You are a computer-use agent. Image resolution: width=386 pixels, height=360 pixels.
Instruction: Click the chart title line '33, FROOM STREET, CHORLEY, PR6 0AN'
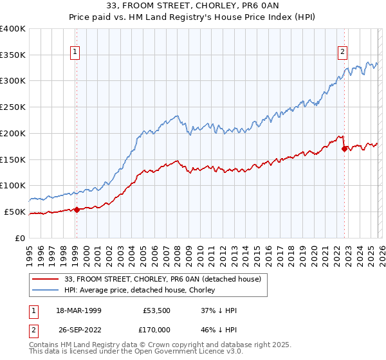[x=193, y=6]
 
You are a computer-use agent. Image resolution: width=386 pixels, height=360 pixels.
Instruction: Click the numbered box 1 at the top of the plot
[x=75, y=53]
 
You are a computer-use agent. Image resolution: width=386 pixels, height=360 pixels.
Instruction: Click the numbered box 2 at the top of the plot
[x=342, y=53]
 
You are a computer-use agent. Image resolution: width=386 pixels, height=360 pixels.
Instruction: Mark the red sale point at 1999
[x=77, y=209]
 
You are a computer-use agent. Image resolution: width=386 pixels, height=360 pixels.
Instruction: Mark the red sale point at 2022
[x=344, y=148]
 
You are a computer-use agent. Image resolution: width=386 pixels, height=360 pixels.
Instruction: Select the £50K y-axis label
[x=15, y=212]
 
